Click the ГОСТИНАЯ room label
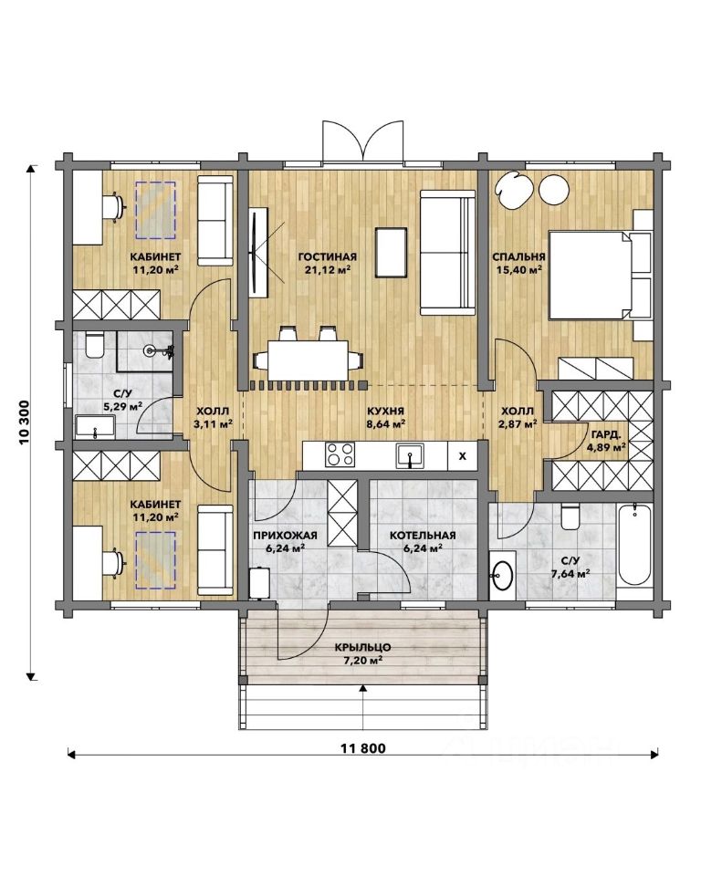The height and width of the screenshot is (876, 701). [x=327, y=257]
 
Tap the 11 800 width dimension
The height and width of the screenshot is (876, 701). [x=362, y=748]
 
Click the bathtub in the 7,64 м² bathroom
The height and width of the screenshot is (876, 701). [x=634, y=546]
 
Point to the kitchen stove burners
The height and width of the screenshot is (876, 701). [x=340, y=454]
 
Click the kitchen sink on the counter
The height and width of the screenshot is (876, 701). [x=411, y=456]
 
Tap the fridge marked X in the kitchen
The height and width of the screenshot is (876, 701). [x=462, y=456]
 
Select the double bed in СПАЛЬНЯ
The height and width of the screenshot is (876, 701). [x=601, y=276]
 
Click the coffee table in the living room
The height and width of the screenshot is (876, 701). [x=391, y=252]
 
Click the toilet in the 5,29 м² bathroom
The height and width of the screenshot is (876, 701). [x=93, y=345]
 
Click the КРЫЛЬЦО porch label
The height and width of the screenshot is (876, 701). [x=362, y=648]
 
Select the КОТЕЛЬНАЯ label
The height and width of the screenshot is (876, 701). [x=423, y=536]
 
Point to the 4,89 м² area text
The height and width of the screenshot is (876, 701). [x=606, y=447]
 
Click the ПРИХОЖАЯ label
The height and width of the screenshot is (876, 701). [x=285, y=536]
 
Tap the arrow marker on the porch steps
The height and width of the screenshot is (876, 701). [x=363, y=688]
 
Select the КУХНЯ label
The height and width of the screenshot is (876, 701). [x=386, y=412]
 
